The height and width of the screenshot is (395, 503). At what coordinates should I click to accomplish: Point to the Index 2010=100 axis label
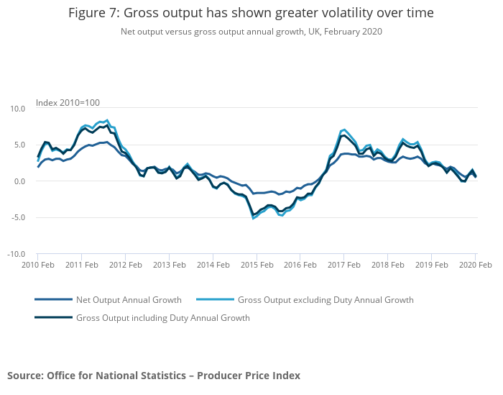click(68, 102)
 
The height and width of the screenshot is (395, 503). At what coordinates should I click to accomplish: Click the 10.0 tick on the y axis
click(17, 109)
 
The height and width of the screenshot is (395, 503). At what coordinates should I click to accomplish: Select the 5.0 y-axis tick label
click(19, 145)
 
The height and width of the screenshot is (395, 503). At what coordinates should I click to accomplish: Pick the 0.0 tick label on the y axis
click(19, 181)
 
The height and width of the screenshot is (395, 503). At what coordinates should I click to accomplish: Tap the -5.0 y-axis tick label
click(17, 218)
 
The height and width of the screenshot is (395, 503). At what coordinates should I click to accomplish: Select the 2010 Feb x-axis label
click(38, 265)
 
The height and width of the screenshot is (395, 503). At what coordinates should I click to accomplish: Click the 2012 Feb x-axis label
click(125, 265)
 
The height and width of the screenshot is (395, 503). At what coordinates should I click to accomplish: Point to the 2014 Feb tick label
click(213, 265)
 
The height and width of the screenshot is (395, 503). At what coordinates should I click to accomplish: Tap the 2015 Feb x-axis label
click(257, 265)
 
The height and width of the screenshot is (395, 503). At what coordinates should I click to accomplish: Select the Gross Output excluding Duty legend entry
click(326, 300)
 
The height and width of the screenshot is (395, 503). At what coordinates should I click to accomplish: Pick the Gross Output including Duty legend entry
click(162, 318)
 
